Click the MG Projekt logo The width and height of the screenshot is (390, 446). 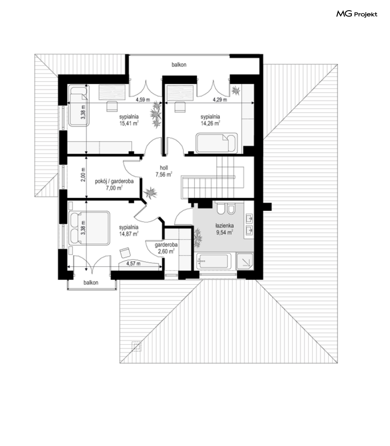[x=357, y=15]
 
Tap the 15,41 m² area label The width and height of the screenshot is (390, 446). [x=131, y=123]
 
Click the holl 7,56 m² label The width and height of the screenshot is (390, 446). [x=163, y=172]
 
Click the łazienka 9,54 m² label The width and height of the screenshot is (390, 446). [x=224, y=228]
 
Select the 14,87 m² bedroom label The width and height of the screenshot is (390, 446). [x=129, y=231]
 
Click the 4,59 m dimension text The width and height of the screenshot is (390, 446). [x=143, y=100]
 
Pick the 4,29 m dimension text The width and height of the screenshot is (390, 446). [x=219, y=100]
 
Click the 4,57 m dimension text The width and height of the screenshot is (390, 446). [x=134, y=264]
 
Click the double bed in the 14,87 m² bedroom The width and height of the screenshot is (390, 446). [x=89, y=228]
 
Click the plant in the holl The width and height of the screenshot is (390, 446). [x=151, y=192]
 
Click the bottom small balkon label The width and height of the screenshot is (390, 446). [x=91, y=282]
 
